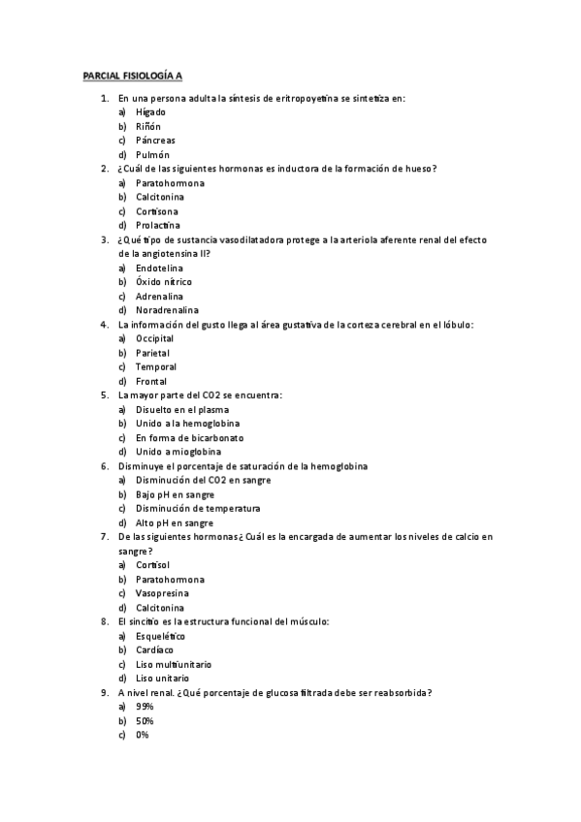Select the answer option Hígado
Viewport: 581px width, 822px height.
point(150,112)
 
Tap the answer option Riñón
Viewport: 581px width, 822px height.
point(148,126)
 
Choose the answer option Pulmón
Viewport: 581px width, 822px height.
point(152,154)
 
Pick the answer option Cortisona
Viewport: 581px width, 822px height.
point(157,211)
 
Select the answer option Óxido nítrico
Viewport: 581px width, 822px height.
point(164,282)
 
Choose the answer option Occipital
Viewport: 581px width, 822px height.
point(155,339)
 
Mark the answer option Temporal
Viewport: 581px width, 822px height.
point(156,367)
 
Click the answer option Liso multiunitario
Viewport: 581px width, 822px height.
point(174,665)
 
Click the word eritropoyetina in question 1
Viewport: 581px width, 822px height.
point(291,98)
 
